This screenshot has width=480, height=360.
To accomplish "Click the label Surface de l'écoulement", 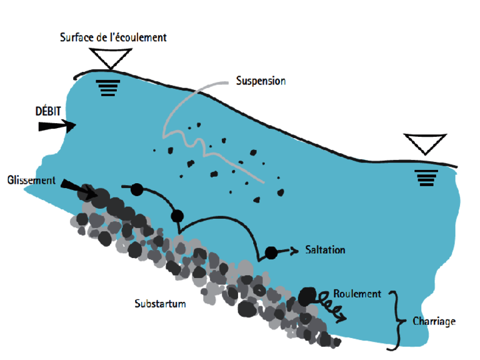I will [x=113, y=37].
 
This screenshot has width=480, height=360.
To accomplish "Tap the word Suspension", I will [x=261, y=81].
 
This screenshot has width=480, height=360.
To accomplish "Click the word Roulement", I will [x=357, y=293].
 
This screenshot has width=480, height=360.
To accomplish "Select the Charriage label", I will [x=434, y=322].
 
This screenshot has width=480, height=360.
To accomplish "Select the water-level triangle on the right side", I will [x=425, y=144].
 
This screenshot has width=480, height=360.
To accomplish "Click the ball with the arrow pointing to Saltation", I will [x=271, y=252].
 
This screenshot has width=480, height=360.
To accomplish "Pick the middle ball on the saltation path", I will [x=177, y=216].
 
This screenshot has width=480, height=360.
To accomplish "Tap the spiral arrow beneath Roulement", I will [x=332, y=306].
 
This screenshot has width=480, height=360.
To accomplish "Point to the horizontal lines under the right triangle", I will [x=426, y=177].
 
